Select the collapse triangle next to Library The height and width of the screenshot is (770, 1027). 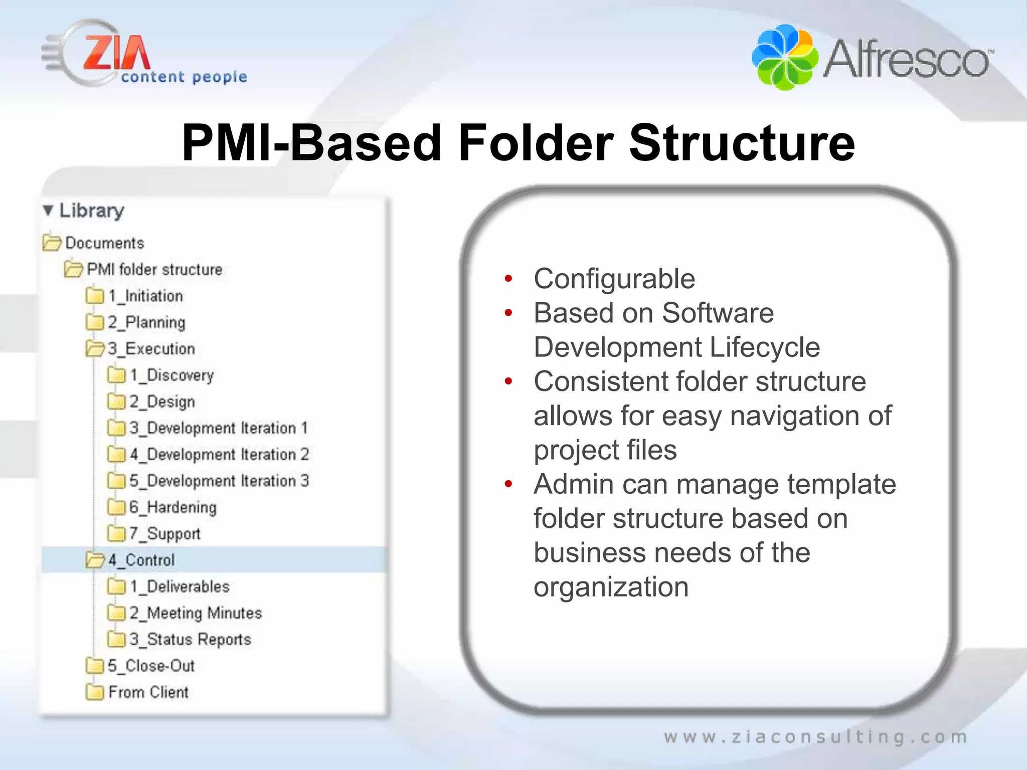point(48,211)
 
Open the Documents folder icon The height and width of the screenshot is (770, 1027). point(52,243)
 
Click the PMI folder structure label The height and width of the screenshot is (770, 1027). point(154,269)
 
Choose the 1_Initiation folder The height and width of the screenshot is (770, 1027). point(145,296)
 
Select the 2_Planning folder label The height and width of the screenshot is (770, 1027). point(146,322)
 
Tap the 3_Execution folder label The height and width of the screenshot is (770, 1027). point(151,349)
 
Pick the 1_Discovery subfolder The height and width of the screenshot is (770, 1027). point(172,375)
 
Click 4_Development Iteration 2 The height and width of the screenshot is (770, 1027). point(219,454)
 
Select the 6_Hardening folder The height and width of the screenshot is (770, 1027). point(173,507)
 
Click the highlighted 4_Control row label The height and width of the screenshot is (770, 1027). point(141,560)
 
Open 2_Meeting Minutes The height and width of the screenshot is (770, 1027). point(196,613)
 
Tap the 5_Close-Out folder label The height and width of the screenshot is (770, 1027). point(151,666)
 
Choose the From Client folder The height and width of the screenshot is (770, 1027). point(148,692)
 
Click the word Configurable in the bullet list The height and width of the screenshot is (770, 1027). point(614,279)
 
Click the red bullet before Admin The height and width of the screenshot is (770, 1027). point(508,484)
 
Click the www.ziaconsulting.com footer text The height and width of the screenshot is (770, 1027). point(815,737)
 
